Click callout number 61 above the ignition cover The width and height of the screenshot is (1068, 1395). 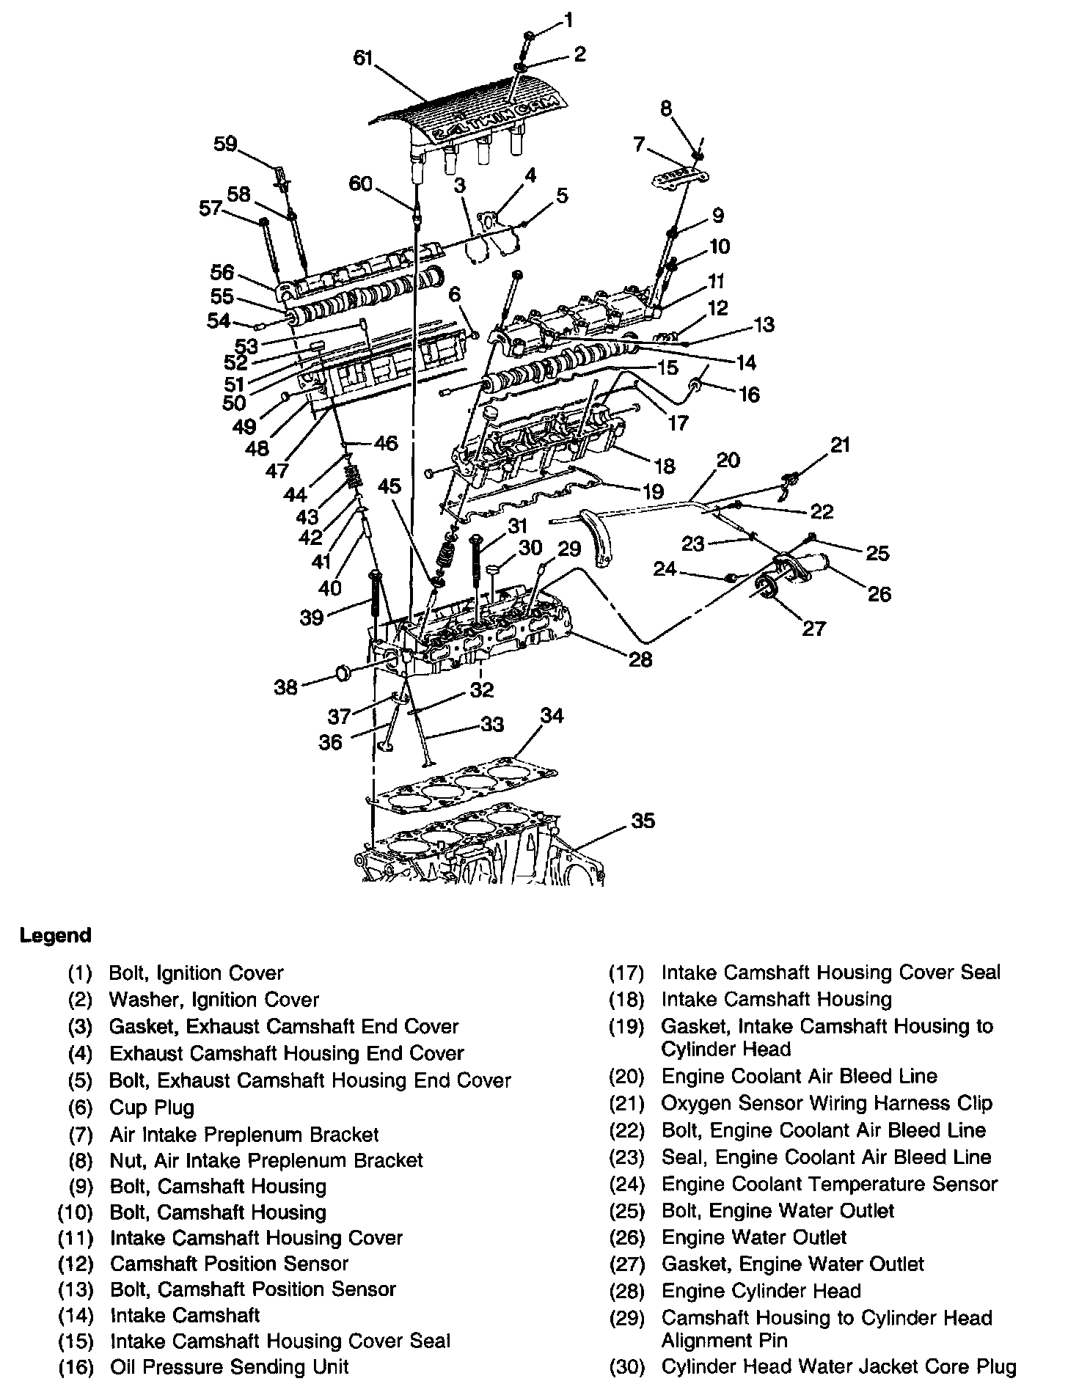tap(363, 58)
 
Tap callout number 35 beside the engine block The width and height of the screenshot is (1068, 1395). tap(643, 821)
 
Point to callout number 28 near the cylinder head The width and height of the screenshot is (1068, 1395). tap(640, 659)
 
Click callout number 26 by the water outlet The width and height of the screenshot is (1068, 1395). tap(879, 593)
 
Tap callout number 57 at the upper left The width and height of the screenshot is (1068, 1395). tap(211, 209)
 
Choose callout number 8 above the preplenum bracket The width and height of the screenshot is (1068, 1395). tap(666, 109)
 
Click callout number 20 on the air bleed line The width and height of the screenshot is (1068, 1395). tap(728, 460)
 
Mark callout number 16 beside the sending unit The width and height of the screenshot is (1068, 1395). tap(749, 395)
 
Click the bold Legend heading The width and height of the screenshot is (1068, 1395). tap(56, 936)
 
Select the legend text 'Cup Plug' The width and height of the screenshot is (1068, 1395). tap(152, 1107)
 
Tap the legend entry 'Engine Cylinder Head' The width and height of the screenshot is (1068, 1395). tap(761, 1291)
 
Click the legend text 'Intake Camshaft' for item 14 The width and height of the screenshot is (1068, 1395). tap(185, 1315)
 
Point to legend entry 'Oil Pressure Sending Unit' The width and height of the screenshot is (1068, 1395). tap(229, 1367)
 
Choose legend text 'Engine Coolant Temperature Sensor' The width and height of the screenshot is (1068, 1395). tap(829, 1184)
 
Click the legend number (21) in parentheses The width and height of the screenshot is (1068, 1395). tap(626, 1104)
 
